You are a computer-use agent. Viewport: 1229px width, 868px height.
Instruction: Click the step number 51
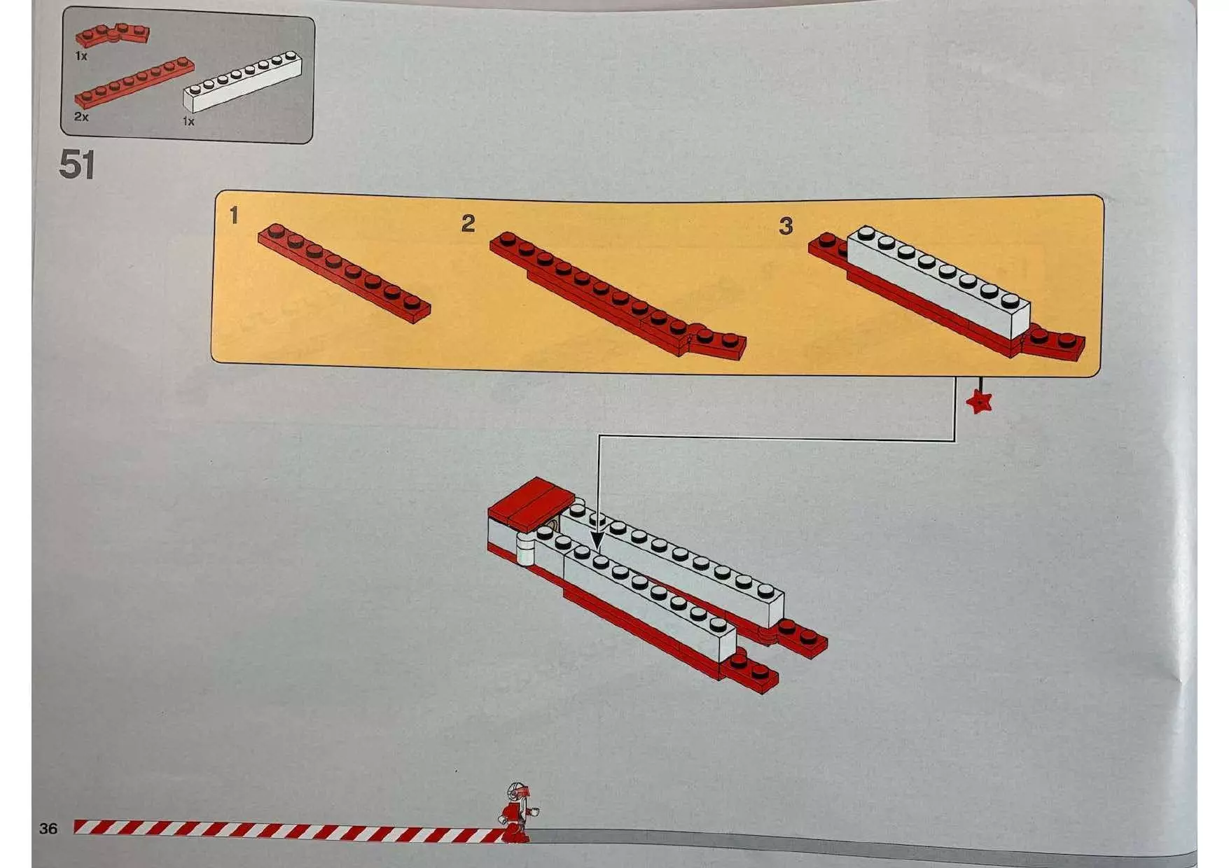click(77, 165)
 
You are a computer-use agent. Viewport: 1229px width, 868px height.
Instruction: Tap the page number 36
click(48, 829)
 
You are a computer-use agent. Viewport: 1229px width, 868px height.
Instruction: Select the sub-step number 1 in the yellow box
click(234, 216)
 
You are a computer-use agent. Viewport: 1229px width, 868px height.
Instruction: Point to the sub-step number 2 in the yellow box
click(468, 223)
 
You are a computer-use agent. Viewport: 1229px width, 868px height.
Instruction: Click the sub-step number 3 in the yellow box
click(786, 225)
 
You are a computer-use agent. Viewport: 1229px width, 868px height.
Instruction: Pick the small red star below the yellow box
click(978, 402)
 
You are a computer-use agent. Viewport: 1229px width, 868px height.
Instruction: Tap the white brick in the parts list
click(242, 81)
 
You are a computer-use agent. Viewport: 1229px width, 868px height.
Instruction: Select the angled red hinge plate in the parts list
click(112, 34)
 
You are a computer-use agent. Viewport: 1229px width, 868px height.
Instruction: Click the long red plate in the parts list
click(134, 82)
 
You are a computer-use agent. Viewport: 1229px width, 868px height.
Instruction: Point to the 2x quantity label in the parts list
click(81, 117)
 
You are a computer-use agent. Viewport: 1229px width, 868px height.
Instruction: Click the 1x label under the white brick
click(188, 122)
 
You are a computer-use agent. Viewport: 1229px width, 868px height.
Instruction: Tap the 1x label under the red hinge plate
click(81, 55)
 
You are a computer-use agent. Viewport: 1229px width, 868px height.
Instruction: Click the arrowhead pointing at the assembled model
click(597, 541)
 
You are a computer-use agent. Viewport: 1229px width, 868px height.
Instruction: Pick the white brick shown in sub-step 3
click(938, 281)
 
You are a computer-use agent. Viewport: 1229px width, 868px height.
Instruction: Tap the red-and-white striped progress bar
click(289, 829)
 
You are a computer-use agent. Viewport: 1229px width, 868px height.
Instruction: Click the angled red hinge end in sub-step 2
click(718, 341)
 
